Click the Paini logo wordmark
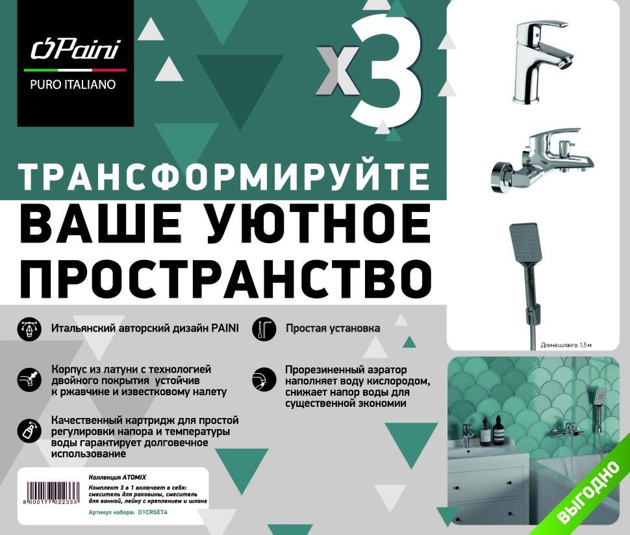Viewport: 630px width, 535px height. tap(75, 49)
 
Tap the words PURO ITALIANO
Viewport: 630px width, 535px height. tap(73, 85)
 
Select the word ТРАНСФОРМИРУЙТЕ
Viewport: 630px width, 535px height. tap(225, 176)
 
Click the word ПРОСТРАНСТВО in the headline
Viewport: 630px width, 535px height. tap(225, 278)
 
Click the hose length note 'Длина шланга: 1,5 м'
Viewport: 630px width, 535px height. tap(566, 345)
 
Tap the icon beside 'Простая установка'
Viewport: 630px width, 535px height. tap(264, 330)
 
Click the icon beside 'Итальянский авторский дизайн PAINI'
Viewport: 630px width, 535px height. tap(29, 330)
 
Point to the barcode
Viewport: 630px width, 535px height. tap(52, 493)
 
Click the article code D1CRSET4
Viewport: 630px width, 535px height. tap(152, 513)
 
